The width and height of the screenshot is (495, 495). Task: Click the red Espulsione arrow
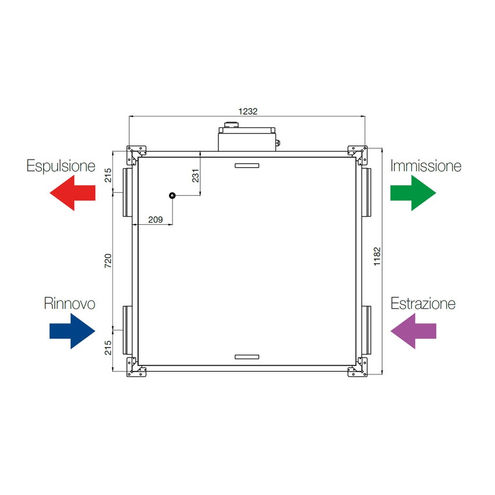click(72, 193)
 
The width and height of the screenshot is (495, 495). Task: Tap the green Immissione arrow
click(413, 193)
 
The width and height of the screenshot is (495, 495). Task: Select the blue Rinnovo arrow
click(72, 331)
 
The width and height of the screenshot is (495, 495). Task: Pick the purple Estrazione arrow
click(413, 331)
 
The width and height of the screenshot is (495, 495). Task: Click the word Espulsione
click(61, 166)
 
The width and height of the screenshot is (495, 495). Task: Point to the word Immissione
click(426, 166)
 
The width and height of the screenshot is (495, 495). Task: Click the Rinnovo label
click(69, 303)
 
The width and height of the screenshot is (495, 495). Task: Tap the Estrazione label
click(423, 303)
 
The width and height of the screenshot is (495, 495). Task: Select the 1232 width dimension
click(248, 111)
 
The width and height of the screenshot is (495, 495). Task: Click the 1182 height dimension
click(377, 256)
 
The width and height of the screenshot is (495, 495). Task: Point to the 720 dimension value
click(108, 261)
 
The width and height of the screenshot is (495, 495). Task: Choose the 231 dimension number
click(196, 176)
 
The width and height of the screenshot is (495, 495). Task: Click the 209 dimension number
click(155, 220)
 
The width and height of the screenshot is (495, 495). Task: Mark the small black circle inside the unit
click(172, 196)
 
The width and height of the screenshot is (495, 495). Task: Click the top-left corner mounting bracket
click(136, 155)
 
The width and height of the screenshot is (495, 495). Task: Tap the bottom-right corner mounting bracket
click(358, 367)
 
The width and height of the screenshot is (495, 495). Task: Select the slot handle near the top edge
click(247, 165)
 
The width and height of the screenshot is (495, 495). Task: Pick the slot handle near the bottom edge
click(247, 357)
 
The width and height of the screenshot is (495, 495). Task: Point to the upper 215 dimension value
click(108, 175)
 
